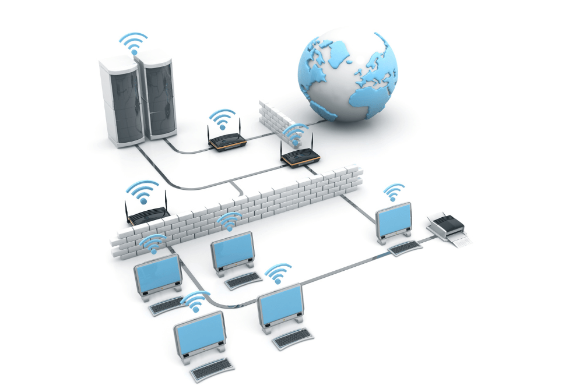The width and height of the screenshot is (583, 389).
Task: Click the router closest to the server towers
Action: coord(225,140)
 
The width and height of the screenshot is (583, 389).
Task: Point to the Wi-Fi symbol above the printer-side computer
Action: coord(394,193)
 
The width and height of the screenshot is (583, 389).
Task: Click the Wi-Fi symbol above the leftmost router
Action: coord(143,192)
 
